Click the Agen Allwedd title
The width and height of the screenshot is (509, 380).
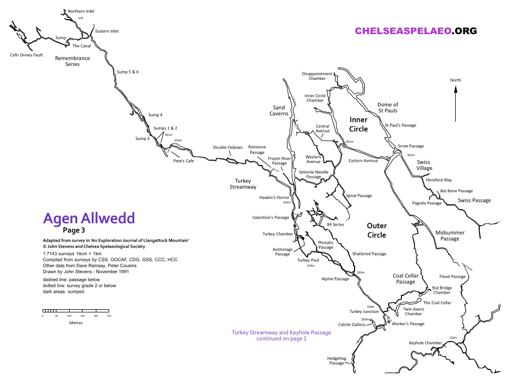[89, 218]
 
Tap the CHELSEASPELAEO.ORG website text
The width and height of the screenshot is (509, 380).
[416, 31]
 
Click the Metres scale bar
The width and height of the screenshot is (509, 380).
[76, 311]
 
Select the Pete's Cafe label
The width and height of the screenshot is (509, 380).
[184, 161]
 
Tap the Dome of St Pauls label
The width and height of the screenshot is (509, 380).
[388, 108]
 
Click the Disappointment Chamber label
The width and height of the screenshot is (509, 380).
[317, 76]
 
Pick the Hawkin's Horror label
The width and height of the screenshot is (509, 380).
[274, 197]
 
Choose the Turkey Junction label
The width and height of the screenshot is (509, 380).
[364, 311]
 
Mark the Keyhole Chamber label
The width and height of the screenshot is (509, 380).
[425, 343]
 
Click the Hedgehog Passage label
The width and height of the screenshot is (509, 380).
[336, 361]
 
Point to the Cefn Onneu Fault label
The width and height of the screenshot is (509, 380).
[27, 55]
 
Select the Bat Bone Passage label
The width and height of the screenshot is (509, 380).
[456, 191]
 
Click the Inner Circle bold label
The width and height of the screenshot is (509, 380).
[358, 124]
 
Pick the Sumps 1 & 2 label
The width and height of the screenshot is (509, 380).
[166, 128]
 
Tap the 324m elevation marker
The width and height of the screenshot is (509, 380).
[453, 338]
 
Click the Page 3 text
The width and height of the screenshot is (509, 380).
[73, 230]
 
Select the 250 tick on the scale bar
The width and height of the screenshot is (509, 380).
[109, 316]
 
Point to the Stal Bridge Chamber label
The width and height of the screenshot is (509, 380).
[442, 290]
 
